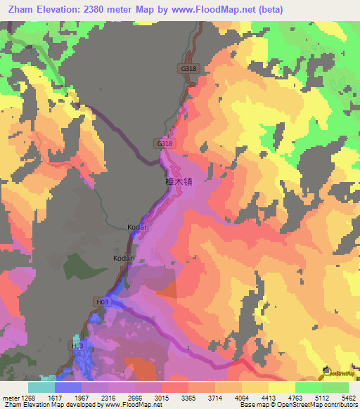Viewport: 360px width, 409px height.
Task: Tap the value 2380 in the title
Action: [x=112, y=8]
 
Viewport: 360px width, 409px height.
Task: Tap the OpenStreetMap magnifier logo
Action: [x=325, y=370]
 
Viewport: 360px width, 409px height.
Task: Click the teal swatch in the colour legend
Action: [x=41, y=387]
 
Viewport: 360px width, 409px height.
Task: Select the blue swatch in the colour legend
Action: [x=68, y=387]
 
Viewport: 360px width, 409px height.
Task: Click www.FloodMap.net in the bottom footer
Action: [x=128, y=404]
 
